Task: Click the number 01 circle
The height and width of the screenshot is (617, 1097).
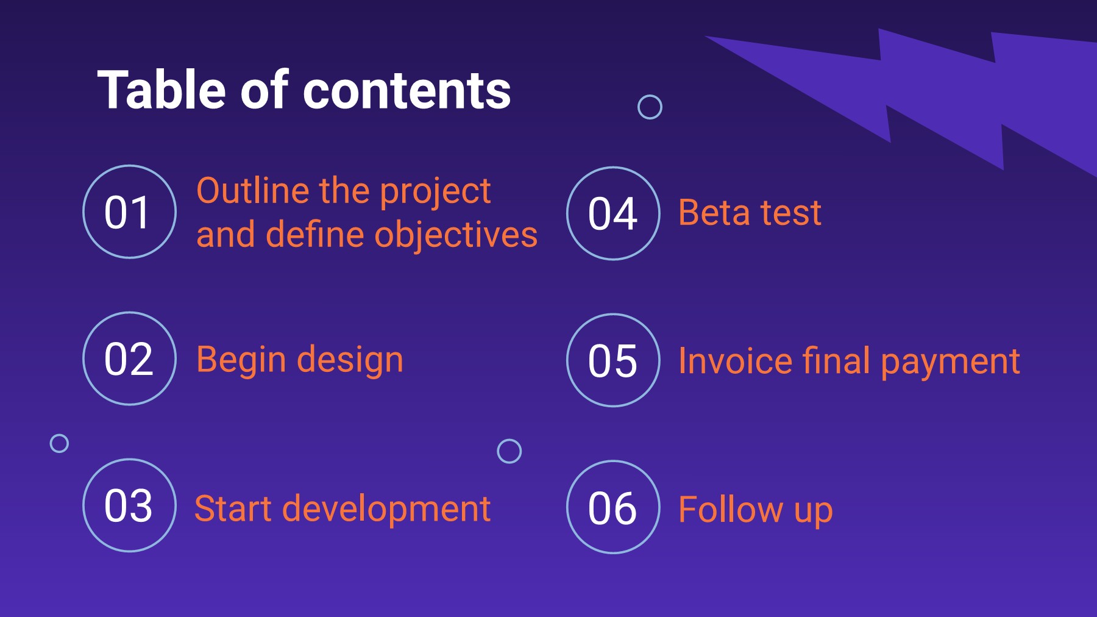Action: [x=129, y=212]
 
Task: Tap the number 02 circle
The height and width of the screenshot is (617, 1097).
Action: [x=129, y=358]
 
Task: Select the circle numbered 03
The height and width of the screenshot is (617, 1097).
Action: [x=129, y=505]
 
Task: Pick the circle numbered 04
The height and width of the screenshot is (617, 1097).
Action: [x=613, y=213]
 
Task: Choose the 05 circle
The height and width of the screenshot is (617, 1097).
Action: [x=613, y=360]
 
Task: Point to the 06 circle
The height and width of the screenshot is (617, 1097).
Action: [x=613, y=507]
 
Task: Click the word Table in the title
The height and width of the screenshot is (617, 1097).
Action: [x=162, y=90]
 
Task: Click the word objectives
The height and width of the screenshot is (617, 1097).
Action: [x=456, y=235]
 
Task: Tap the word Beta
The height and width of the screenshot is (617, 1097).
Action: [x=714, y=213]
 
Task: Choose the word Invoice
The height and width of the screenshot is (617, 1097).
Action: [x=735, y=361]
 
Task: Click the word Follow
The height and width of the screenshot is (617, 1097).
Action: [x=730, y=510]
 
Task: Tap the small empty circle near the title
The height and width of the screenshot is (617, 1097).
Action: [x=650, y=107]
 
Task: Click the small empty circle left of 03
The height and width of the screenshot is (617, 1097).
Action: [x=59, y=443]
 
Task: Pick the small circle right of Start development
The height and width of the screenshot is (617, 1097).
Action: [x=509, y=451]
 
